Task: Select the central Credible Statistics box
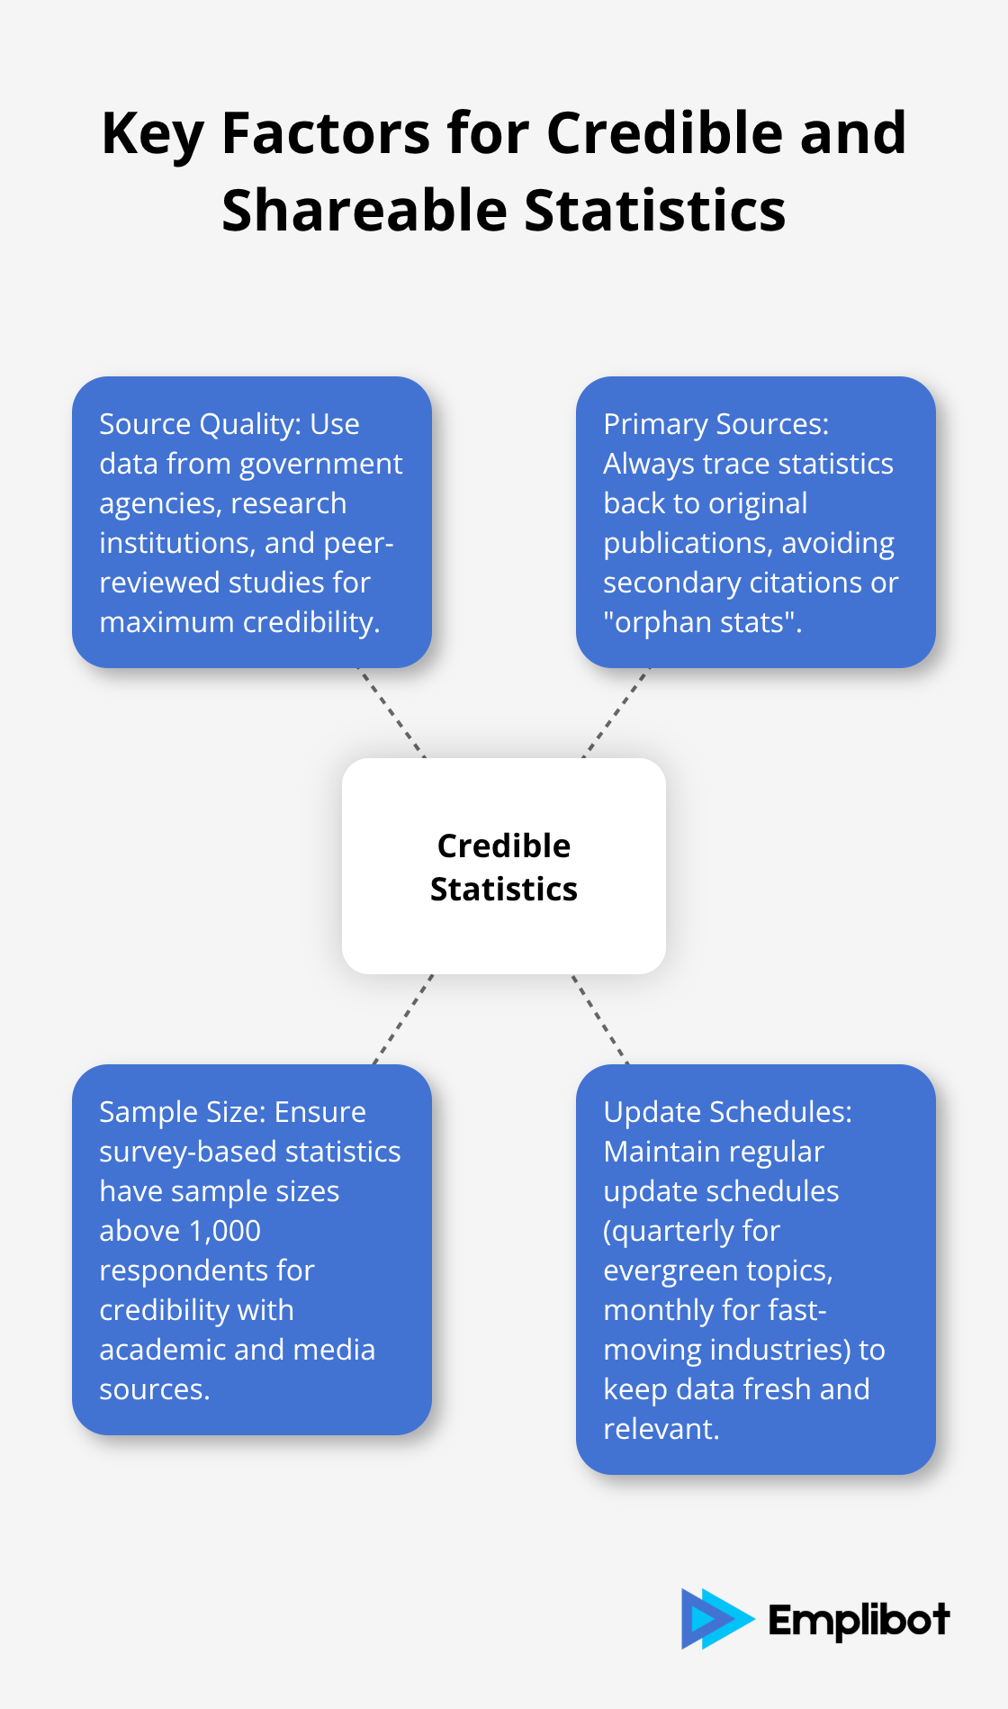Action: [504, 866]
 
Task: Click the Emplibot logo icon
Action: [715, 1618]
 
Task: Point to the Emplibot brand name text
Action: [859, 1620]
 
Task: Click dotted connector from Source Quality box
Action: [391, 713]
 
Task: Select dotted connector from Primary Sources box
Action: [616, 713]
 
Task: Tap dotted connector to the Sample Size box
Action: [402, 1019]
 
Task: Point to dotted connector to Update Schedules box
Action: [600, 1019]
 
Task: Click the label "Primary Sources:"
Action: [715, 424]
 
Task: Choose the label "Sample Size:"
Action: [183, 1112]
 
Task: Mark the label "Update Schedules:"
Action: [727, 1112]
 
